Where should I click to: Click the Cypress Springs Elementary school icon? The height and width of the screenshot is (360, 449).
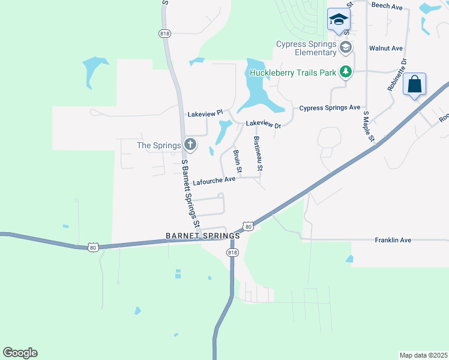pyautogui.click(x=345, y=47)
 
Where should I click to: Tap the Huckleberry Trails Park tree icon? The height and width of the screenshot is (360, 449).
pyautogui.click(x=345, y=73)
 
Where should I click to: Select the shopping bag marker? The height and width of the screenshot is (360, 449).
pyautogui.click(x=415, y=85)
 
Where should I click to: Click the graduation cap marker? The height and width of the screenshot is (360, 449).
pyautogui.click(x=338, y=20)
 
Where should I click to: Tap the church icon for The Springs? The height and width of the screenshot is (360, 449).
pyautogui.click(x=190, y=144)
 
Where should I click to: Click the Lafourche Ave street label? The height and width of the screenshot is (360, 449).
pyautogui.click(x=214, y=180)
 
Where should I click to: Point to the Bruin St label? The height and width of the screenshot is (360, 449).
pyautogui.click(x=237, y=161)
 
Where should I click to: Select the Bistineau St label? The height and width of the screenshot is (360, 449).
pyautogui.click(x=258, y=154)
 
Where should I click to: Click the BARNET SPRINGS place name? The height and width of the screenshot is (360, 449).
pyautogui.click(x=203, y=236)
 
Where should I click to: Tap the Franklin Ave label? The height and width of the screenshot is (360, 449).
pyautogui.click(x=393, y=240)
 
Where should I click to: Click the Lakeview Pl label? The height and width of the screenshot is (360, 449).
pyautogui.click(x=205, y=113)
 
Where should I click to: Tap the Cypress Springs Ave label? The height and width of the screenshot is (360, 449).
pyautogui.click(x=330, y=108)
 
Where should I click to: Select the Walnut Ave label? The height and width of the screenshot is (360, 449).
pyautogui.click(x=385, y=48)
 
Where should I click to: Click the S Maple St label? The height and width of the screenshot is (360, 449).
pyautogui.click(x=368, y=127)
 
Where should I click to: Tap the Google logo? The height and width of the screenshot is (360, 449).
pyautogui.click(x=20, y=353)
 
